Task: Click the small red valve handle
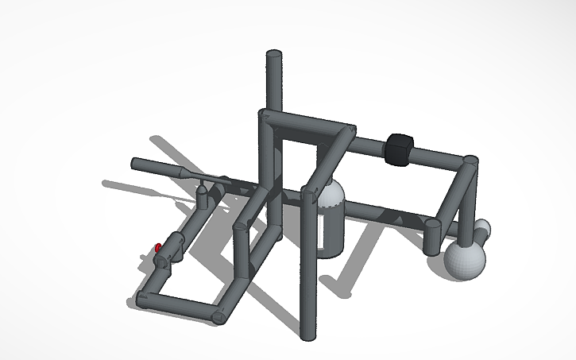[x=158, y=248]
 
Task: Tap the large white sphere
[x=463, y=258]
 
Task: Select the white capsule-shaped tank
[x=331, y=221]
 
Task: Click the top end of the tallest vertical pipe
[x=272, y=56]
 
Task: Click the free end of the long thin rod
[x=135, y=164]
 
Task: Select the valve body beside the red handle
[x=173, y=247]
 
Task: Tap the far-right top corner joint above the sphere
[x=470, y=162]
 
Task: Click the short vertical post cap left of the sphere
[x=433, y=226]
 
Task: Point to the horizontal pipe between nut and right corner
[x=437, y=157]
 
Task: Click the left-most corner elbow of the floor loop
[x=141, y=300]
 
